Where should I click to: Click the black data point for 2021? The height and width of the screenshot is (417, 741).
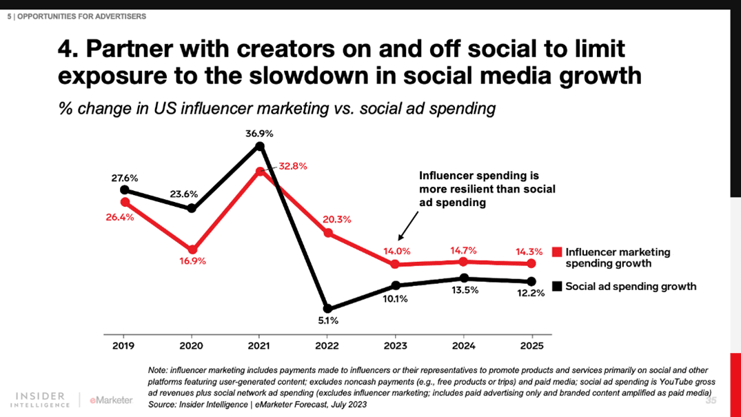click(259, 146)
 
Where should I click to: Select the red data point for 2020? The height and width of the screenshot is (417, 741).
click(192, 250)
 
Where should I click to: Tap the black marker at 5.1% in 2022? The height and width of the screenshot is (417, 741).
click(327, 309)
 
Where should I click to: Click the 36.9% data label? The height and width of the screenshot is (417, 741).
click(259, 133)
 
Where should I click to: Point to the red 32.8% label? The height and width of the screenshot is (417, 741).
click(293, 166)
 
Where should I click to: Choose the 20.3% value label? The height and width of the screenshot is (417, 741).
click(337, 220)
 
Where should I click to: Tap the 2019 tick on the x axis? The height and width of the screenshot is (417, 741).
click(124, 346)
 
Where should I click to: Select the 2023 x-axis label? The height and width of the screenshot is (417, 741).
click(395, 346)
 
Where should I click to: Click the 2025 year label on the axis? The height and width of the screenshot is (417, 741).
click(531, 346)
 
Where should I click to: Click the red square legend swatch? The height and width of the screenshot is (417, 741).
click(558, 252)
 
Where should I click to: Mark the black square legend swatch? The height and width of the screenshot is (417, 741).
click(558, 286)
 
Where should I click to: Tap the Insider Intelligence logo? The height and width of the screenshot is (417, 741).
click(43, 400)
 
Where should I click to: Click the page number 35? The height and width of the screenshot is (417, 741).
click(711, 400)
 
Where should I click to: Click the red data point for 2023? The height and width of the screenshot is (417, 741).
click(395, 264)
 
